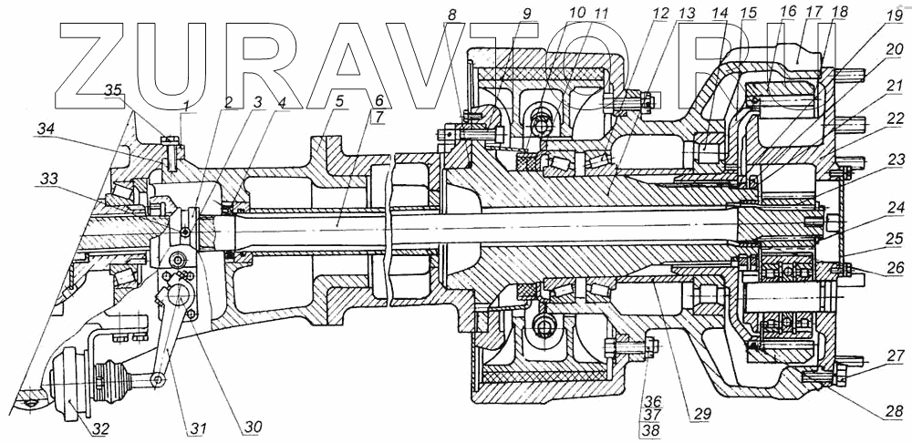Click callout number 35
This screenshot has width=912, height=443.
(114, 90)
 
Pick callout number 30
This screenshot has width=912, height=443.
(251, 428)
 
